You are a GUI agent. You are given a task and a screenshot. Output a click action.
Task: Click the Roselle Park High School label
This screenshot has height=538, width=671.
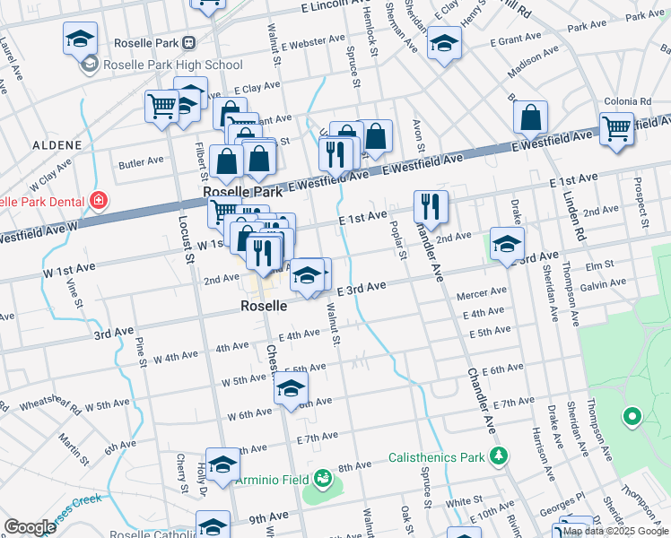click(173, 65)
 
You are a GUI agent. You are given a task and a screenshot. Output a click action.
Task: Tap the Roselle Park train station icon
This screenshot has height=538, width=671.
click(189, 43)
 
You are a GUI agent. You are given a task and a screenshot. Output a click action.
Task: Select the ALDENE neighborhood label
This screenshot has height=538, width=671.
click(57, 144)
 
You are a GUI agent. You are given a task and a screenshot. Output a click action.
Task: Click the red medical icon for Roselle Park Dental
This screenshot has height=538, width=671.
click(97, 200)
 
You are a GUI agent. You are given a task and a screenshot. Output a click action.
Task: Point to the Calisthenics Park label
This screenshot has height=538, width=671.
click(436, 457)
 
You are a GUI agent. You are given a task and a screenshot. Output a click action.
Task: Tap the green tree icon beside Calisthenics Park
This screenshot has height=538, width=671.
click(498, 457)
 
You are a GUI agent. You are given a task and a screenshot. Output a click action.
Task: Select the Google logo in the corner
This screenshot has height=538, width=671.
click(30, 527)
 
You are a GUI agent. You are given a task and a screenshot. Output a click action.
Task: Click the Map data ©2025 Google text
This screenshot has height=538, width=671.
click(614, 531)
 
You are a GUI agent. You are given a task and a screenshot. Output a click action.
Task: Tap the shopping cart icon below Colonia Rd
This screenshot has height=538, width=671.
click(616, 127)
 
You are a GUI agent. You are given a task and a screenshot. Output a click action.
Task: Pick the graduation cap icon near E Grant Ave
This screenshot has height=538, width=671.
click(444, 43)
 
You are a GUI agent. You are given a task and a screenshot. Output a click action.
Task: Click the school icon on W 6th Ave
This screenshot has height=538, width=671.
click(291, 389)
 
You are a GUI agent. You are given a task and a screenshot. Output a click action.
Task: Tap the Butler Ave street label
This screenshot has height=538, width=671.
click(141, 161)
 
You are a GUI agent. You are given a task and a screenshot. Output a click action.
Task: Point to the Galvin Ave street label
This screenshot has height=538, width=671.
click(603, 284)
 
